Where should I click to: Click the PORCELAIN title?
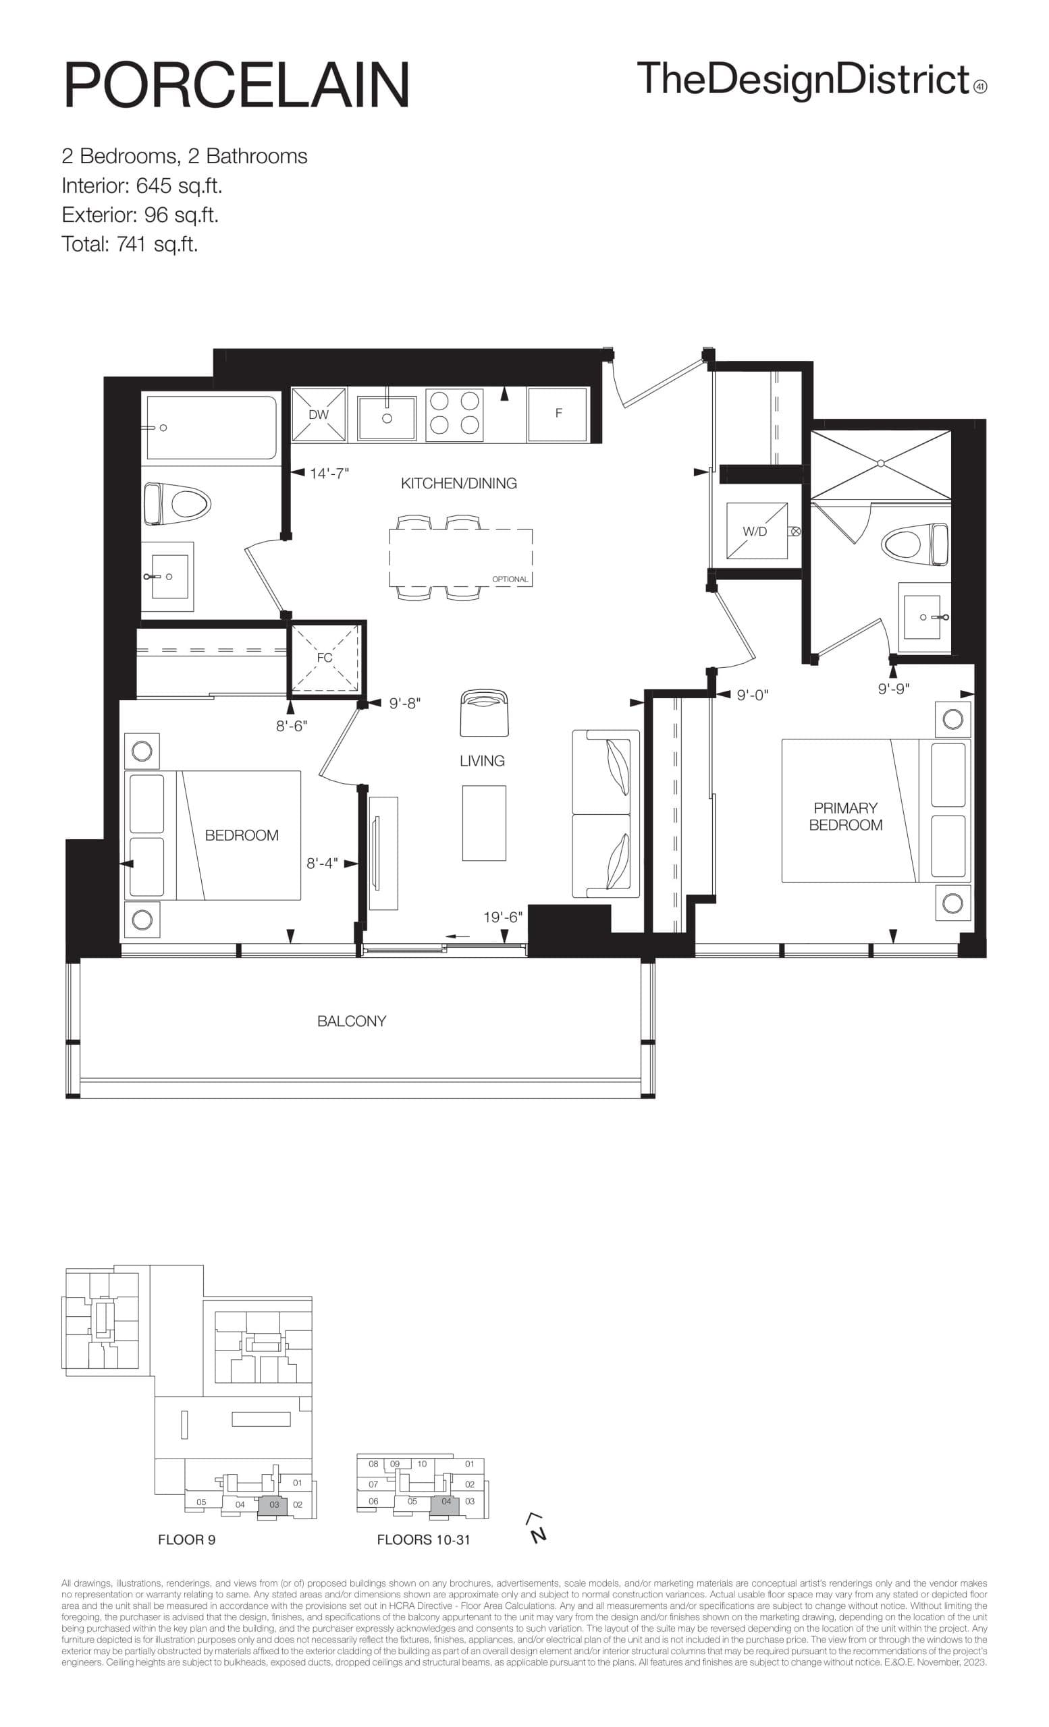coord(236,86)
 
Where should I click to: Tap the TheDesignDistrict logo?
coord(811,79)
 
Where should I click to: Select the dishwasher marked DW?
coord(319,414)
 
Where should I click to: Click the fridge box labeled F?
coord(558,414)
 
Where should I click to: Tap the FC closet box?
coord(325,658)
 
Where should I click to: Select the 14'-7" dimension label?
coord(329,474)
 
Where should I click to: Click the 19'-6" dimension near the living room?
coord(503,917)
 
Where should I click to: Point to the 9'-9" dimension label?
coord(893,689)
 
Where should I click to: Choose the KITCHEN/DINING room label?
coord(458,484)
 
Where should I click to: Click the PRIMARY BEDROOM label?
coord(845,816)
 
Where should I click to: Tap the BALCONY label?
coord(351,1021)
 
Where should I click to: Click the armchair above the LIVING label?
coord(484,713)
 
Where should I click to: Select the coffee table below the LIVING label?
coord(484,823)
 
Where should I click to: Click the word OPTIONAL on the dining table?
coord(510,579)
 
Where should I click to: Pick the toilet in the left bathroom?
coord(178,503)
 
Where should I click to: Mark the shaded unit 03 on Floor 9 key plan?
coord(274,1504)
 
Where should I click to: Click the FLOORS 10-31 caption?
coord(423,1540)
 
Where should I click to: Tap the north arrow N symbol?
coord(537,1529)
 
